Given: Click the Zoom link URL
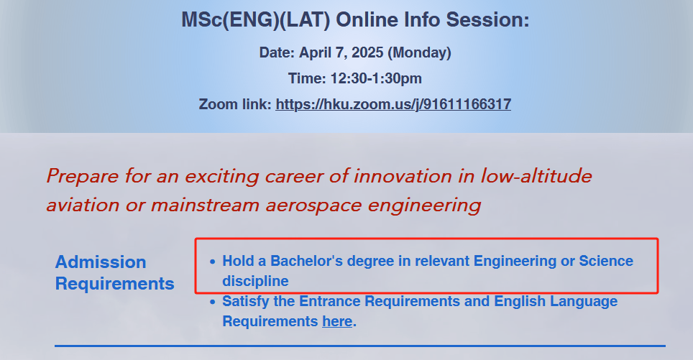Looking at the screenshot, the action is [393, 105].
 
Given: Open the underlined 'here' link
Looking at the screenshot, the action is [337, 322].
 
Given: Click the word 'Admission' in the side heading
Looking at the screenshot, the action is [101, 262].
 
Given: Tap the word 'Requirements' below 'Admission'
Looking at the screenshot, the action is [115, 284].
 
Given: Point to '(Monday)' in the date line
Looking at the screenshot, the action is [419, 53].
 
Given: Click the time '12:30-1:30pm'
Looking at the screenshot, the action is [376, 78].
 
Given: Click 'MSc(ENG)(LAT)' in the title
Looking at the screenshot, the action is [256, 20].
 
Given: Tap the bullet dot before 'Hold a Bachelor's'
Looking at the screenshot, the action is [213, 262].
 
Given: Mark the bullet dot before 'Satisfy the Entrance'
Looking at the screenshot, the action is [213, 302].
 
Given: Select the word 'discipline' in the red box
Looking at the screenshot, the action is [255, 282].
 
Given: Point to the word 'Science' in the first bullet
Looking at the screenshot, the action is [607, 261].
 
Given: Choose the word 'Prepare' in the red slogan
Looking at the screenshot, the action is [83, 177].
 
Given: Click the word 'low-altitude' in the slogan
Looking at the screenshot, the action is [536, 176].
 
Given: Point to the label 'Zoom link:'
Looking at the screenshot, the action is [235, 105].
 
